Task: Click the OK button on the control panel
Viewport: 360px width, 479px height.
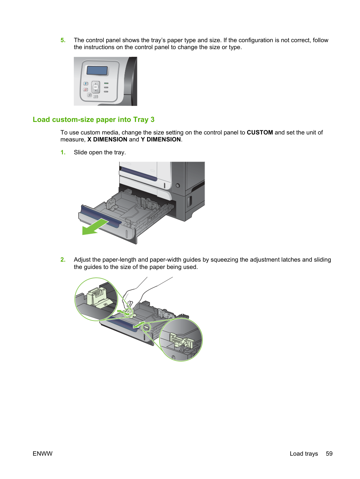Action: (x=95, y=87)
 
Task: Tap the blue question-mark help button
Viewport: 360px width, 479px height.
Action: (x=86, y=84)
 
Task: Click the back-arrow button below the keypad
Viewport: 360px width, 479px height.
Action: (x=89, y=95)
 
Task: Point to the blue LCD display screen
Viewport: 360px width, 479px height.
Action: (x=97, y=70)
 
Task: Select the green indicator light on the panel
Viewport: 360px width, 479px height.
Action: (x=106, y=83)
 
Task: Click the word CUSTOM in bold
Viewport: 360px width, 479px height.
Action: (x=260, y=132)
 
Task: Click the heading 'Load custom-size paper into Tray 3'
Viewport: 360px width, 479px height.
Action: (x=93, y=119)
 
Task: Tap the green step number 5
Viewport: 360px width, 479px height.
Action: (x=63, y=40)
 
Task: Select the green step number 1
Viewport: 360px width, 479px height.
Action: (x=63, y=152)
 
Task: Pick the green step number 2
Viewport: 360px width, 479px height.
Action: (x=63, y=260)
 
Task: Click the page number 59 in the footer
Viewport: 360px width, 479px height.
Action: (x=329, y=454)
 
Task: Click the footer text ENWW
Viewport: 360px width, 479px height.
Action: (x=43, y=454)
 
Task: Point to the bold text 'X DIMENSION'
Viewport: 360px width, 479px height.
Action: (x=107, y=139)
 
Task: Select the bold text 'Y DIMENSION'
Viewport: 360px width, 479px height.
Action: (x=161, y=139)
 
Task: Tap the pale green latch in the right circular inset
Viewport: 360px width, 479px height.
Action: (x=182, y=341)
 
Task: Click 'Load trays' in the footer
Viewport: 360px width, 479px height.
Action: (x=304, y=454)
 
